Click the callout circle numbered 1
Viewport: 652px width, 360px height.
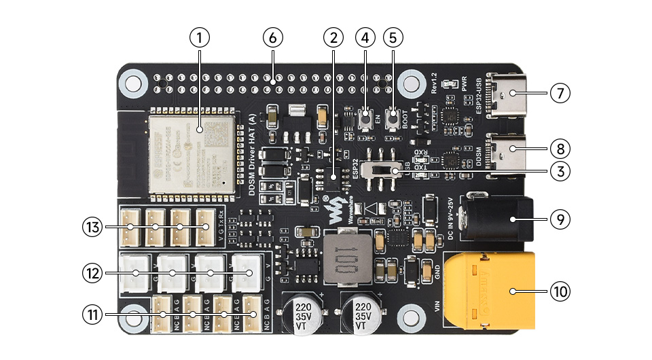point(199,38)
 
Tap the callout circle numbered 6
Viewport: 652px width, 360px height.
point(272,38)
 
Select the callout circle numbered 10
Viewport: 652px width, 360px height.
point(559,292)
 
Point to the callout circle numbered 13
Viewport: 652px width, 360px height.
point(92,227)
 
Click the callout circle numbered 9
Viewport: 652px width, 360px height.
point(559,219)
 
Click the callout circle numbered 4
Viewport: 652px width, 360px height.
point(365,38)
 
